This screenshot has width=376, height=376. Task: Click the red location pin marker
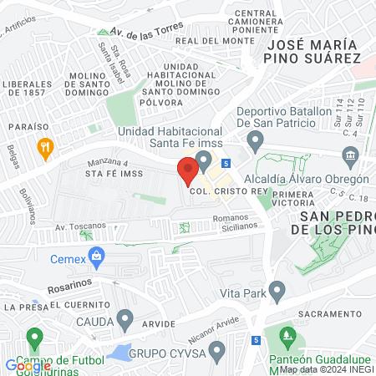click(187, 171)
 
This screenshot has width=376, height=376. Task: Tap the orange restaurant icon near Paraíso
click(45, 149)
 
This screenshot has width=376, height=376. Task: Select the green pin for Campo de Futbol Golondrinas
click(34, 339)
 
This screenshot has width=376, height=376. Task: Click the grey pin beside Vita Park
click(277, 292)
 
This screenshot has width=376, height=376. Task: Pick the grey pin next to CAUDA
click(125, 319)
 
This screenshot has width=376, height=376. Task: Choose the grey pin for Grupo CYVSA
click(217, 350)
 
